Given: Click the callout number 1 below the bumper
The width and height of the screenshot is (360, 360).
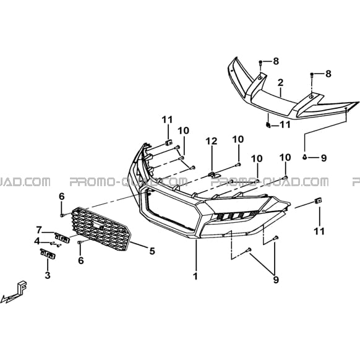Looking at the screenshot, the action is click(195, 276).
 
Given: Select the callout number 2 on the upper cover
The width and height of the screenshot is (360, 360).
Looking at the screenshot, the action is click(280, 83).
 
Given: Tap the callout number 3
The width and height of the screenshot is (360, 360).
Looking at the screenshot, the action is click(48, 275).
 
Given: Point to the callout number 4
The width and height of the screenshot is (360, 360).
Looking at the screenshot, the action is click(37, 241).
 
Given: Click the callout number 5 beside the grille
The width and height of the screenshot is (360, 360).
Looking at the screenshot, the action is click(152, 251).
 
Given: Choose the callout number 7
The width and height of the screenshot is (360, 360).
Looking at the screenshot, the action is click(39, 229).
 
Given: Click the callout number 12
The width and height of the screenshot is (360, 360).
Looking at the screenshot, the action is click(211, 141).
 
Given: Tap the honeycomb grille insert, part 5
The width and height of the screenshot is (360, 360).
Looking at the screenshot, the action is click(101, 229).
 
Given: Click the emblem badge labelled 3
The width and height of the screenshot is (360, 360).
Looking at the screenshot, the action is click(48, 254).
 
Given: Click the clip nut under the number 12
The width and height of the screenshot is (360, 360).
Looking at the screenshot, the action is click(214, 174).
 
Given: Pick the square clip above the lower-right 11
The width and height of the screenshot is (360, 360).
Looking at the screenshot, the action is click(318, 200).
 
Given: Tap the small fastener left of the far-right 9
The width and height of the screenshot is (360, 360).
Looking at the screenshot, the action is click(305, 157).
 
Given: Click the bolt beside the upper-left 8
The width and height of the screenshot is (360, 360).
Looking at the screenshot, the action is click(260, 62).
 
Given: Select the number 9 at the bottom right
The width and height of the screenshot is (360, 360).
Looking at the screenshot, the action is click(276, 280).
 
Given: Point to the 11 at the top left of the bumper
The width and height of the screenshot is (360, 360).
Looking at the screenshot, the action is click(167, 119).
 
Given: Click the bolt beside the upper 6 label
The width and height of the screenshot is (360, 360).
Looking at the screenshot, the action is click(62, 215).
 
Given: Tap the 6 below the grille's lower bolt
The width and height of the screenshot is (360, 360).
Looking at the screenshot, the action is click(81, 260).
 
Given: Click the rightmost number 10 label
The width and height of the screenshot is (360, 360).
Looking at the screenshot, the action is click(285, 158).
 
